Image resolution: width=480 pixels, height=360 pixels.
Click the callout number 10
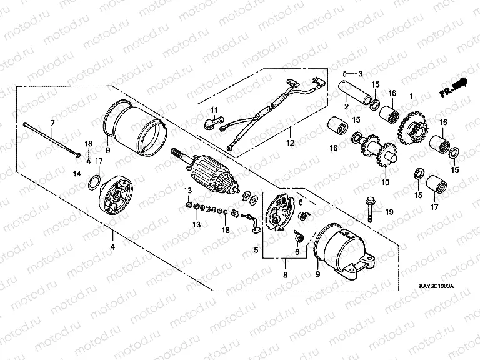(384, 182)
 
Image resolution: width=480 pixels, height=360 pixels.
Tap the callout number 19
(389, 212)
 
